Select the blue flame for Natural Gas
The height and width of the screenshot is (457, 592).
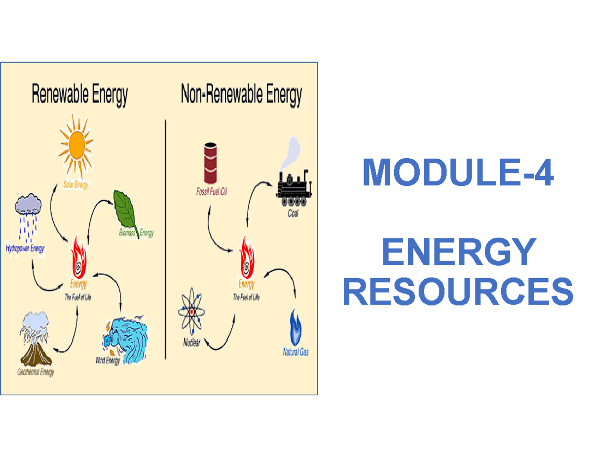[x=296, y=328]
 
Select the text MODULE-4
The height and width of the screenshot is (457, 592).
[x=458, y=172]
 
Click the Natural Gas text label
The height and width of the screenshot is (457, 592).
[x=296, y=352]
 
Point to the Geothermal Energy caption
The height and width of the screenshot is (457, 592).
[x=36, y=373]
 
